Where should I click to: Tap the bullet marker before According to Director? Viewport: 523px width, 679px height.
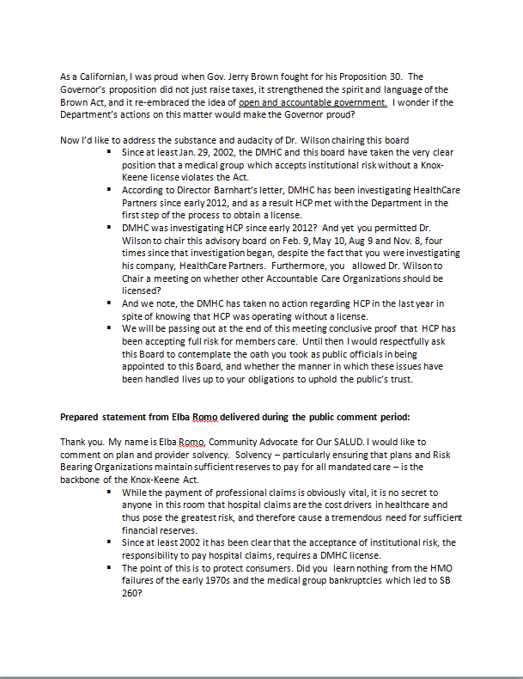click(109, 189)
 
